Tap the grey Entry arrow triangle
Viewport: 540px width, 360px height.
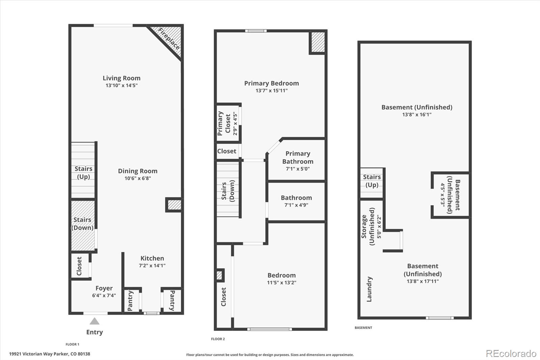pyautogui.click(x=94, y=321)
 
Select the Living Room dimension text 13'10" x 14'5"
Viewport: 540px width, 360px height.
pyautogui.click(x=122, y=85)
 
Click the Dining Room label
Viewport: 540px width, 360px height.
pyautogui.click(x=137, y=171)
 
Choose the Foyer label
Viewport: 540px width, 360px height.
pyautogui.click(x=104, y=288)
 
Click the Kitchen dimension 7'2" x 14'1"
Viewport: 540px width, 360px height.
pyautogui.click(x=152, y=265)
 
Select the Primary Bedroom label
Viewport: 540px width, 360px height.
pyautogui.click(x=271, y=83)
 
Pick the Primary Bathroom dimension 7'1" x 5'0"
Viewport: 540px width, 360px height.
pyautogui.click(x=298, y=169)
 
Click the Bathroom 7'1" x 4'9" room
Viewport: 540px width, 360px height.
pyautogui.click(x=296, y=201)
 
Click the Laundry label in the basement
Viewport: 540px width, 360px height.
pyautogui.click(x=369, y=289)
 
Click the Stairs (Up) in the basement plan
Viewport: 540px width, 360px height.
pyautogui.click(x=372, y=181)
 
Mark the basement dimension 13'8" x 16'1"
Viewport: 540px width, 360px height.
pyautogui.click(x=417, y=114)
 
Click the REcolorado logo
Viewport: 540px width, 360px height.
pyautogui.click(x=511, y=353)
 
